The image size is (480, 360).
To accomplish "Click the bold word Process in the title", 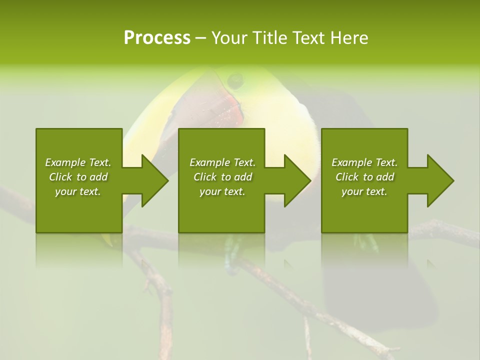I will pyautogui.click(x=157, y=38).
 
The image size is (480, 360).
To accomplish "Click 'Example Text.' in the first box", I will pyautogui.click(x=78, y=162).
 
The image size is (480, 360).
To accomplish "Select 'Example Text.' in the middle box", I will pyautogui.click(x=222, y=162).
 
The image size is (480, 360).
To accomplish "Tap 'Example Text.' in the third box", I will pyautogui.click(x=364, y=162).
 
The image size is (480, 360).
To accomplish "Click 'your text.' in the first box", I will pyautogui.click(x=78, y=191).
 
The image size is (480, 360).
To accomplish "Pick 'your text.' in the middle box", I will pyautogui.click(x=222, y=191).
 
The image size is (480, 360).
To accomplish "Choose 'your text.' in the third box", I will pyautogui.click(x=364, y=191).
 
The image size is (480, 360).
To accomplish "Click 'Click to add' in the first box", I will pyautogui.click(x=78, y=177).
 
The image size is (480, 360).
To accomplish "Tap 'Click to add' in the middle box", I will pyautogui.click(x=222, y=177).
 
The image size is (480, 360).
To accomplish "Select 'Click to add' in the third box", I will pyautogui.click(x=365, y=177).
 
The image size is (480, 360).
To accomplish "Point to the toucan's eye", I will pyautogui.click(x=234, y=78).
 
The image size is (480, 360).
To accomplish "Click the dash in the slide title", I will pyautogui.click(x=201, y=38).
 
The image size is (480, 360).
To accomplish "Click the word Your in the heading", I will pyautogui.click(x=229, y=38).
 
